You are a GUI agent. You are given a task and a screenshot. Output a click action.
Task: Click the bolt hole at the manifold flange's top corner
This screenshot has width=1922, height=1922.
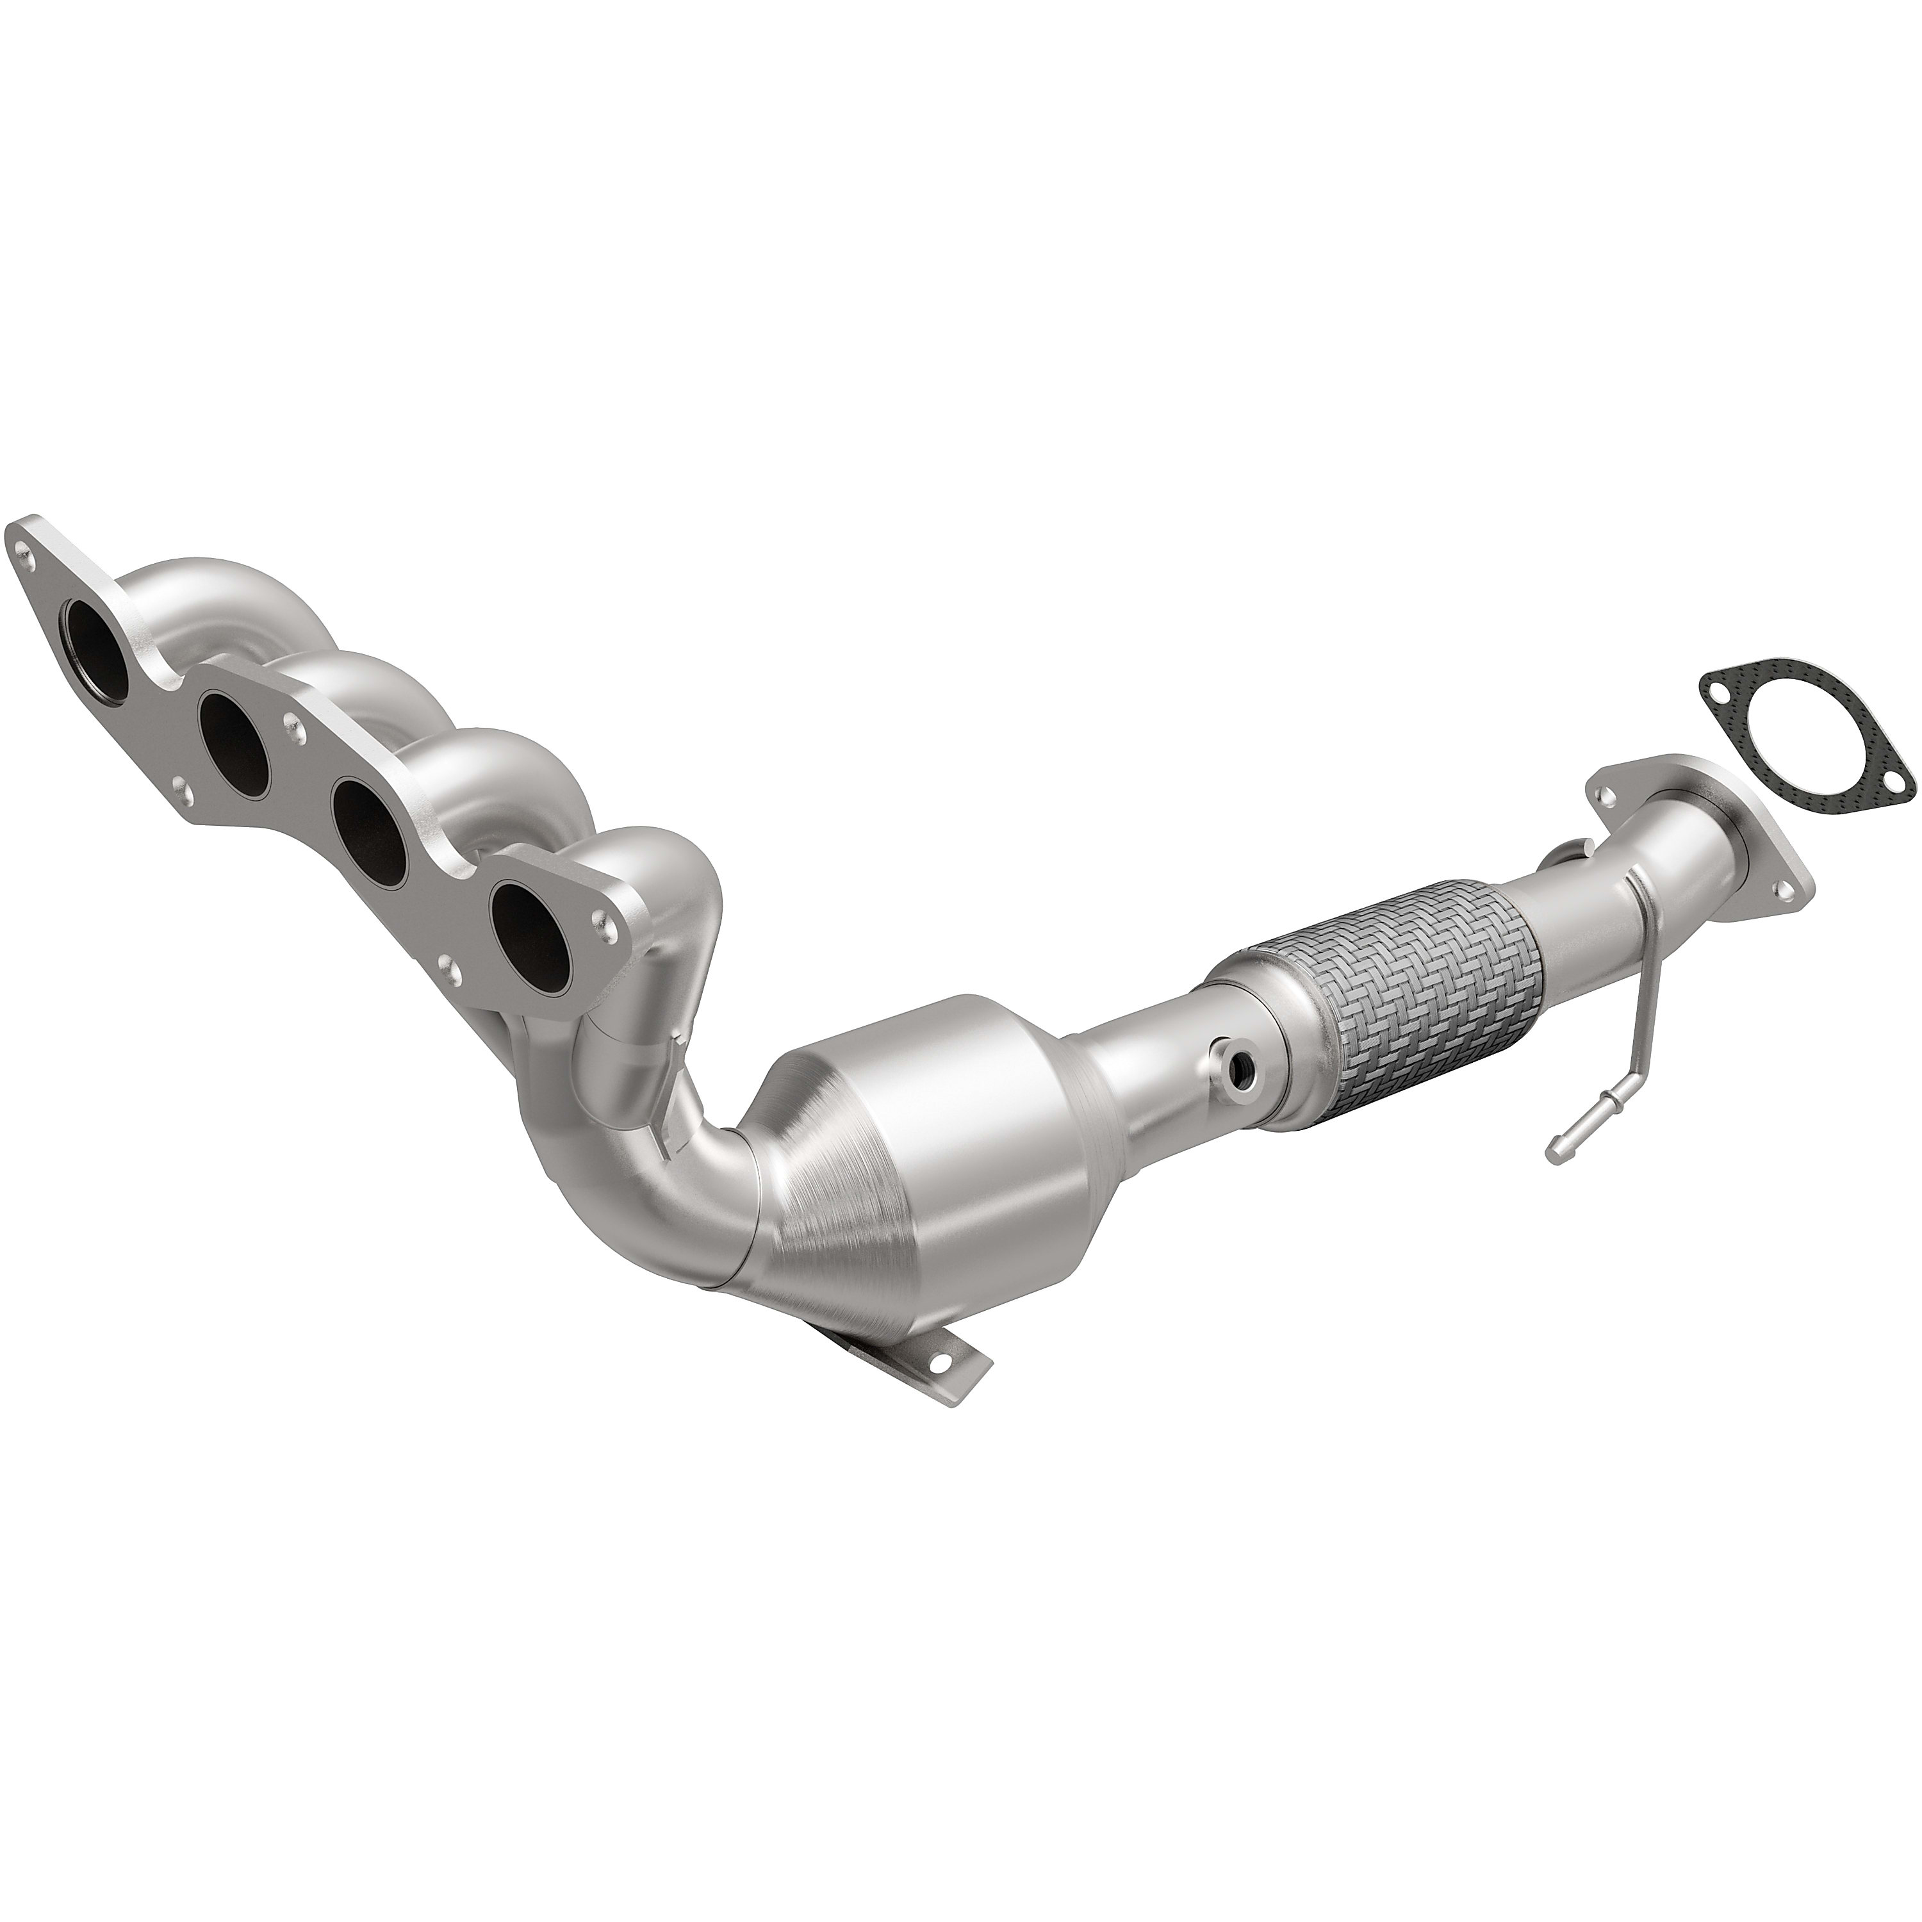26,546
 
